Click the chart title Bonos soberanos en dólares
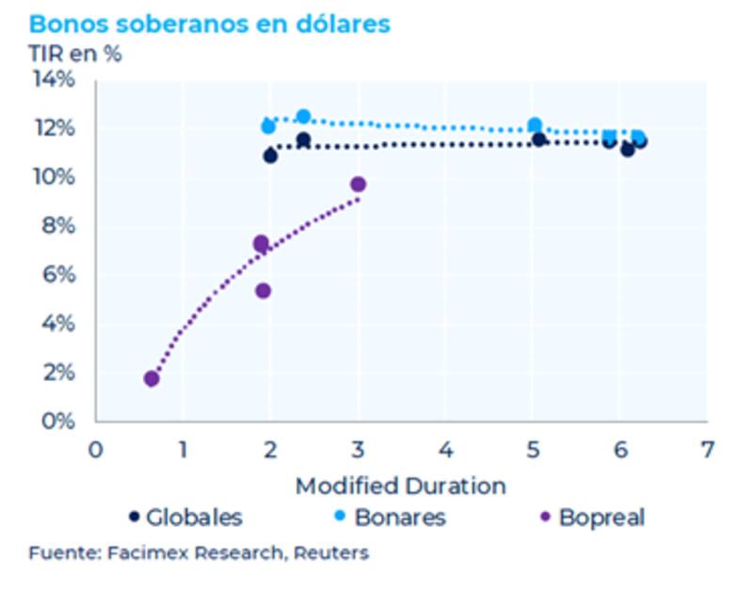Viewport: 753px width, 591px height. point(209,24)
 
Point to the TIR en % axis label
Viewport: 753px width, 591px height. point(75,54)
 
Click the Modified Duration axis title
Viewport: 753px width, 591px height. point(400,487)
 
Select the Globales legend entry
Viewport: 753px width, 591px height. point(185,517)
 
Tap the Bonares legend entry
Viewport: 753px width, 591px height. point(393,517)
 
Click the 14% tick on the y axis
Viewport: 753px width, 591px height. point(55,79)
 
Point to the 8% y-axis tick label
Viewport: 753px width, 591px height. point(58,226)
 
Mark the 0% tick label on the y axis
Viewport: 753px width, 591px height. point(58,421)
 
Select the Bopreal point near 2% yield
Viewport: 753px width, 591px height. point(152,378)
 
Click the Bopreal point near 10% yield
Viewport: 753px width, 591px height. point(358,184)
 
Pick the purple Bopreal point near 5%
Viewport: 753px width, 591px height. point(263,291)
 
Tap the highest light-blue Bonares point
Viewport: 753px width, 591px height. point(303,117)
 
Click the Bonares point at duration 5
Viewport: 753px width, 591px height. point(535,125)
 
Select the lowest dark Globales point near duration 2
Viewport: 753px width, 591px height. point(270,155)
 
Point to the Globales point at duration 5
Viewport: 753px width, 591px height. point(539,140)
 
